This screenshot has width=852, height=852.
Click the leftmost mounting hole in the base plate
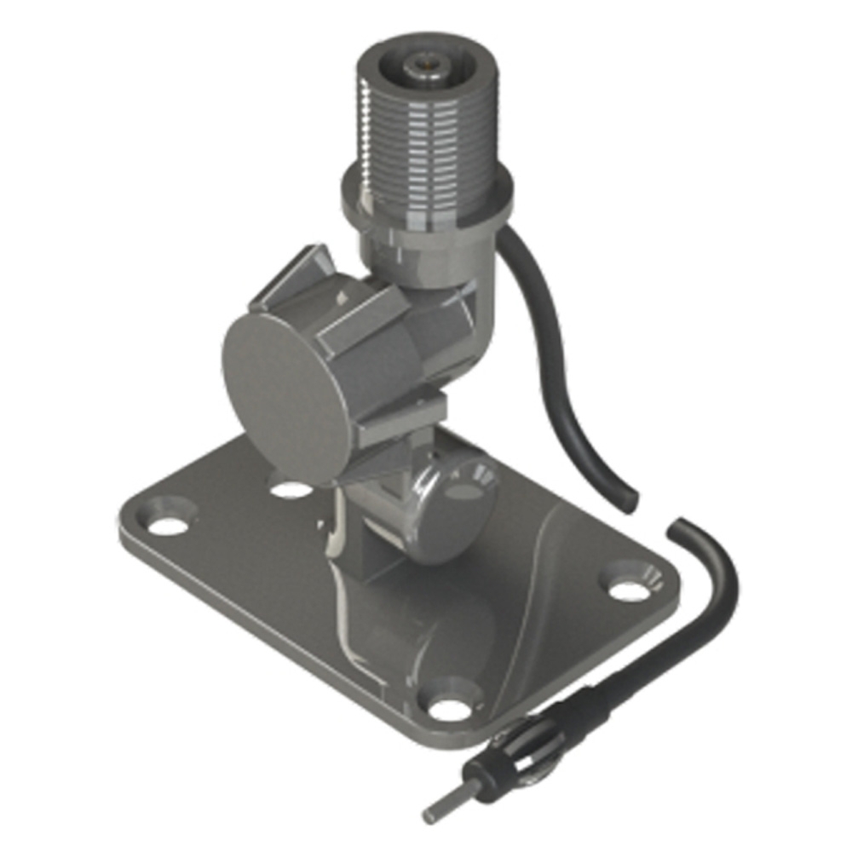[x=168, y=524]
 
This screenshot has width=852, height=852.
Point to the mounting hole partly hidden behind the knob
[x=291, y=489]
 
